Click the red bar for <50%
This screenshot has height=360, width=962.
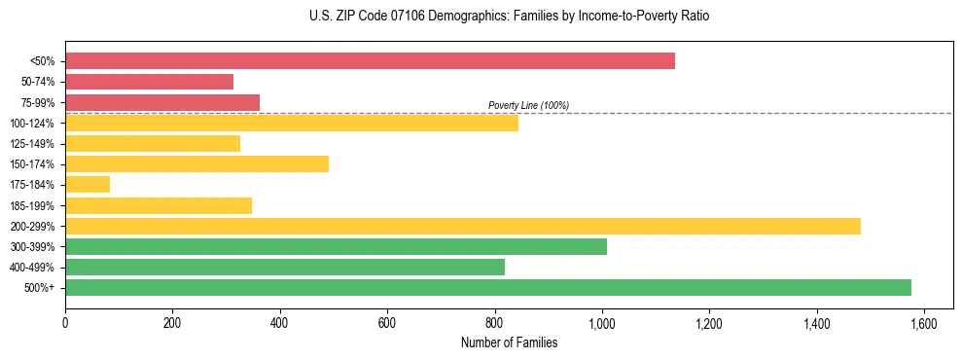pos(370,61)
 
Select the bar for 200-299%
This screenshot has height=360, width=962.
pos(463,226)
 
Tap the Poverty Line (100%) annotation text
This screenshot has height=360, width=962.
pos(528,105)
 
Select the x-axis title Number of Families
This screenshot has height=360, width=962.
pos(508,342)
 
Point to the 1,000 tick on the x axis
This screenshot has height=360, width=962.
pos(602,323)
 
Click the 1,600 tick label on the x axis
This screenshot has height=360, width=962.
pos(924,323)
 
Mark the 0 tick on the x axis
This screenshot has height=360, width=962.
pos(65,323)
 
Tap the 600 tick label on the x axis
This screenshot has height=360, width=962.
pos(387,323)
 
